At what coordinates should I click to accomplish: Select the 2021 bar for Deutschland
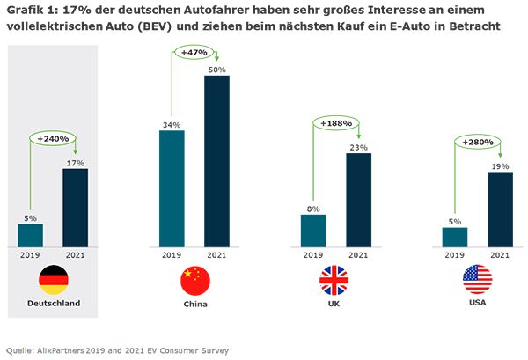[x=75, y=207]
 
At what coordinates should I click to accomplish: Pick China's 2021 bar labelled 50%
[x=216, y=159]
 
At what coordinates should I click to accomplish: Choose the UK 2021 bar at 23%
[x=358, y=199]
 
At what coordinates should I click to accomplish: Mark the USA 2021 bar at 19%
[x=500, y=209]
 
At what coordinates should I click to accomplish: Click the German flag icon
[x=53, y=280]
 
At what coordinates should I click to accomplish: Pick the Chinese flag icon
[x=195, y=280]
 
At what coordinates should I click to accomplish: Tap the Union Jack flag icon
[x=334, y=280]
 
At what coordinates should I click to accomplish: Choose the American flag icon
[x=477, y=280]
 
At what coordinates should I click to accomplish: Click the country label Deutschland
[x=53, y=304]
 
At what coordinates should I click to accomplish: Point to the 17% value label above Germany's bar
[x=75, y=162]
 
